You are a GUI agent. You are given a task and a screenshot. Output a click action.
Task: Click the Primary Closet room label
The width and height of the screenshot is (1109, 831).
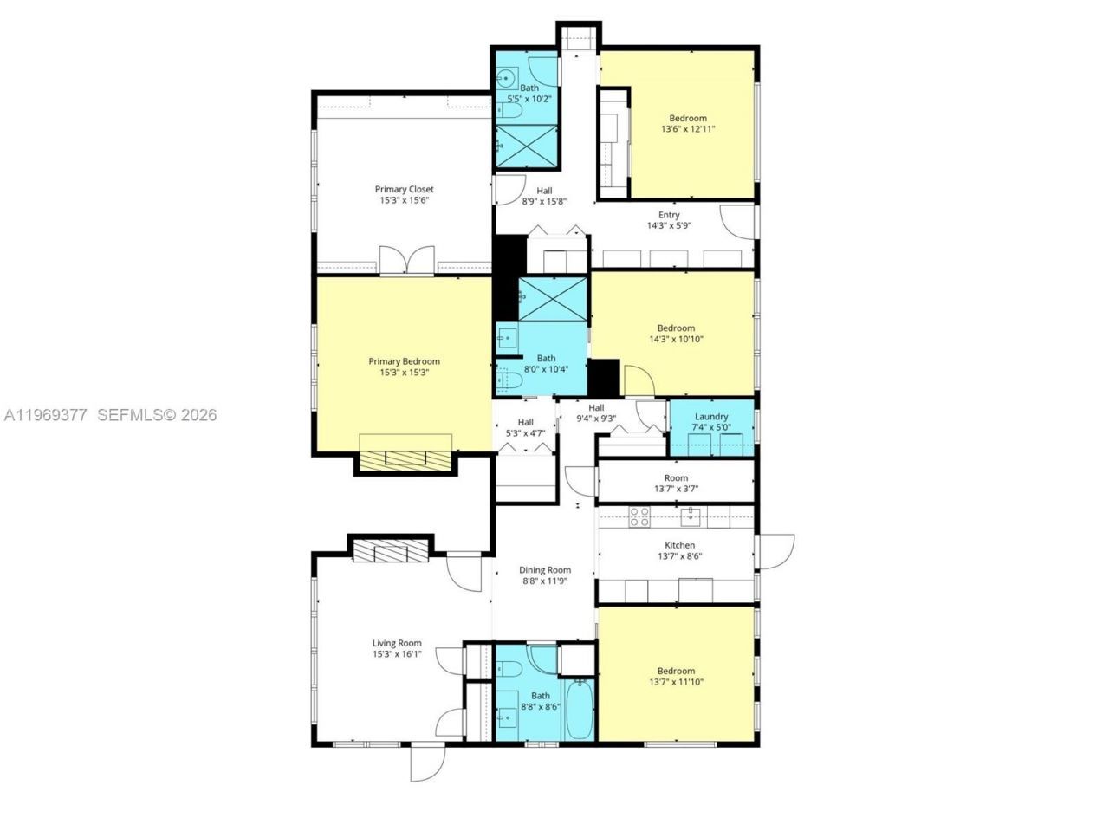404,189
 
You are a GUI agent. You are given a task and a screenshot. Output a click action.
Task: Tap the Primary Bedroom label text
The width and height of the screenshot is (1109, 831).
404,361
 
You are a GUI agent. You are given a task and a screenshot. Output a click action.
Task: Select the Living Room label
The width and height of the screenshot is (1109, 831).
397,643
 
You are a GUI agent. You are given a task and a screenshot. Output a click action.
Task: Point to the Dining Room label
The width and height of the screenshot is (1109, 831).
545,570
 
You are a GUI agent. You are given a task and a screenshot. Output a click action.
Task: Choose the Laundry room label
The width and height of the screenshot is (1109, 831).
711,417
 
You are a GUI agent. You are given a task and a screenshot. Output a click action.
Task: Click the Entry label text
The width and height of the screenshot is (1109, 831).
669,215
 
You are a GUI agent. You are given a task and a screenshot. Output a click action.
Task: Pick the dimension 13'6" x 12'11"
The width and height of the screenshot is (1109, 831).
688,129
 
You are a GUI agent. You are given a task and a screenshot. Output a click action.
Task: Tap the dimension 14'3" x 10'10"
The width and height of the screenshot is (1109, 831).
676,339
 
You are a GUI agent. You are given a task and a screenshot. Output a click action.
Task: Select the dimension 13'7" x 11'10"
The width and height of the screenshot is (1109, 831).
676,682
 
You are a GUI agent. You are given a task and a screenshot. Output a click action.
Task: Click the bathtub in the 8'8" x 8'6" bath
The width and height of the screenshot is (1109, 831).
579,709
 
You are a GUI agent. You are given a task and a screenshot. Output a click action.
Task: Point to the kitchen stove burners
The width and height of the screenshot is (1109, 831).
639,517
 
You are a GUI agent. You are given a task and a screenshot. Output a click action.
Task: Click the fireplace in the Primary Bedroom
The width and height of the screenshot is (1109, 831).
405,460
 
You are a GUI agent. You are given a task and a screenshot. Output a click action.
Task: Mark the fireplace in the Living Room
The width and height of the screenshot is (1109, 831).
391,551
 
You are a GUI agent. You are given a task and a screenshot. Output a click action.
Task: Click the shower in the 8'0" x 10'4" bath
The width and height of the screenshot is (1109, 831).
553,299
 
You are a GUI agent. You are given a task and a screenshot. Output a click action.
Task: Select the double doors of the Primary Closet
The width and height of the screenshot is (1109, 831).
406,260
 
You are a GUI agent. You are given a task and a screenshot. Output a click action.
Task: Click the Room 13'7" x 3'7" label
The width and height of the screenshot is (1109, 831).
676,477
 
